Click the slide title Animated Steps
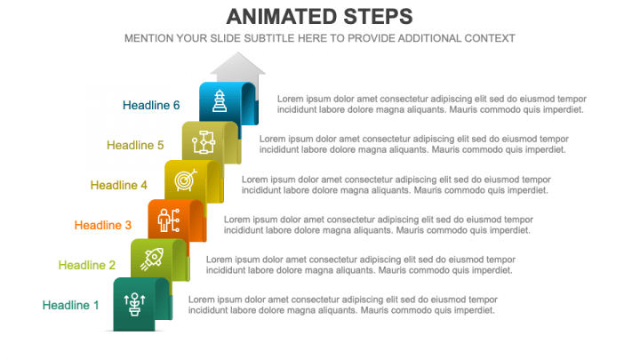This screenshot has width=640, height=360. click(x=320, y=17)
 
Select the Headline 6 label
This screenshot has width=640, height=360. click(x=151, y=105)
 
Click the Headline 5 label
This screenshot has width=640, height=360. click(x=135, y=145)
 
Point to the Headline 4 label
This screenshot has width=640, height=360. click(x=119, y=185)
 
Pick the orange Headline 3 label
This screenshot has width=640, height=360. click(x=103, y=225)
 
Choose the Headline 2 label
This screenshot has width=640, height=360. click(x=87, y=265)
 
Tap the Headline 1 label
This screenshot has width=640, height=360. click(x=70, y=305)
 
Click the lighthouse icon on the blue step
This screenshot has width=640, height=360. click(x=220, y=100)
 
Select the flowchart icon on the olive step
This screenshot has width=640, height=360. click(x=204, y=142)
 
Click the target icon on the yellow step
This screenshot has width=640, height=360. click(x=186, y=180)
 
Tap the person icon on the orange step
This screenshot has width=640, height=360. click(x=169, y=220)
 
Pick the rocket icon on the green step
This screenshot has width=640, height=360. click(x=152, y=260)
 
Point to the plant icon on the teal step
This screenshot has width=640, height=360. click(x=135, y=304)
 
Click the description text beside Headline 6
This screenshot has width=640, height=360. click(x=432, y=105)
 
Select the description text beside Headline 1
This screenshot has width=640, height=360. click(x=343, y=305)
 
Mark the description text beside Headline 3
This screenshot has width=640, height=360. click(x=379, y=225)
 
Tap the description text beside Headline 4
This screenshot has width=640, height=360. click(x=396, y=185)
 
